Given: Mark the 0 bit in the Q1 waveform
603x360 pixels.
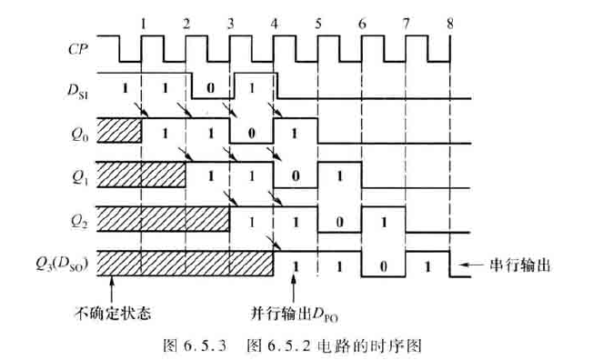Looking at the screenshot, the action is pyautogui.click(x=296, y=176).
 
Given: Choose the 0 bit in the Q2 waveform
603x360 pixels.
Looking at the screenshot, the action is pyautogui.click(x=340, y=220).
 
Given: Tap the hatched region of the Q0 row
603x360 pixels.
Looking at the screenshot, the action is pyautogui.click(x=118, y=130).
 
